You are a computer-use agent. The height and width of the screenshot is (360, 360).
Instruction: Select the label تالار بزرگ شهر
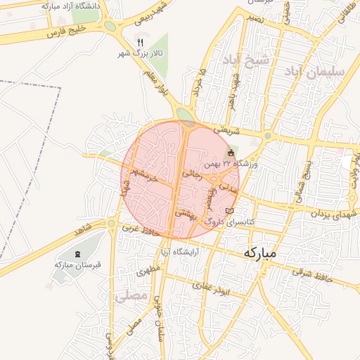tap(140, 53)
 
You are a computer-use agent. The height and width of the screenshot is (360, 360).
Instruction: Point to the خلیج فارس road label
tap(65, 31)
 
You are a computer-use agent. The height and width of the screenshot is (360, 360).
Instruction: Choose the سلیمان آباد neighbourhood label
tap(314, 71)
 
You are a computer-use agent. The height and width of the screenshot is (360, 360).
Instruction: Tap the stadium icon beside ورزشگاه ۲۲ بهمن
tap(231, 153)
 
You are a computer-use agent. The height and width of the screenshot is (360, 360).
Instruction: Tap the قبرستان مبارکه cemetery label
tap(78, 264)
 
